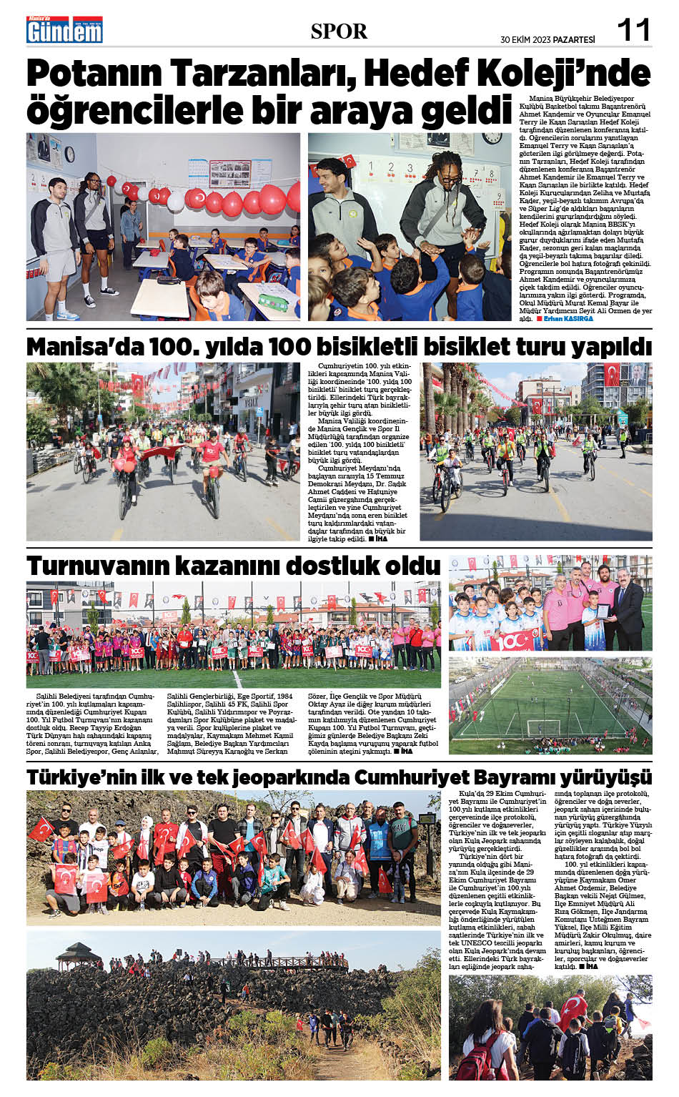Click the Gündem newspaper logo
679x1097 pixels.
pos(64,30)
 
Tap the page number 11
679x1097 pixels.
pos(633,30)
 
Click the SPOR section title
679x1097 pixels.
pos(339,31)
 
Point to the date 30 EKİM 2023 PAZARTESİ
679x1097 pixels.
pos(547,39)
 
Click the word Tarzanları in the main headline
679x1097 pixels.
pos(248,74)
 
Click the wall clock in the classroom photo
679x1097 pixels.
pos(491,138)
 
